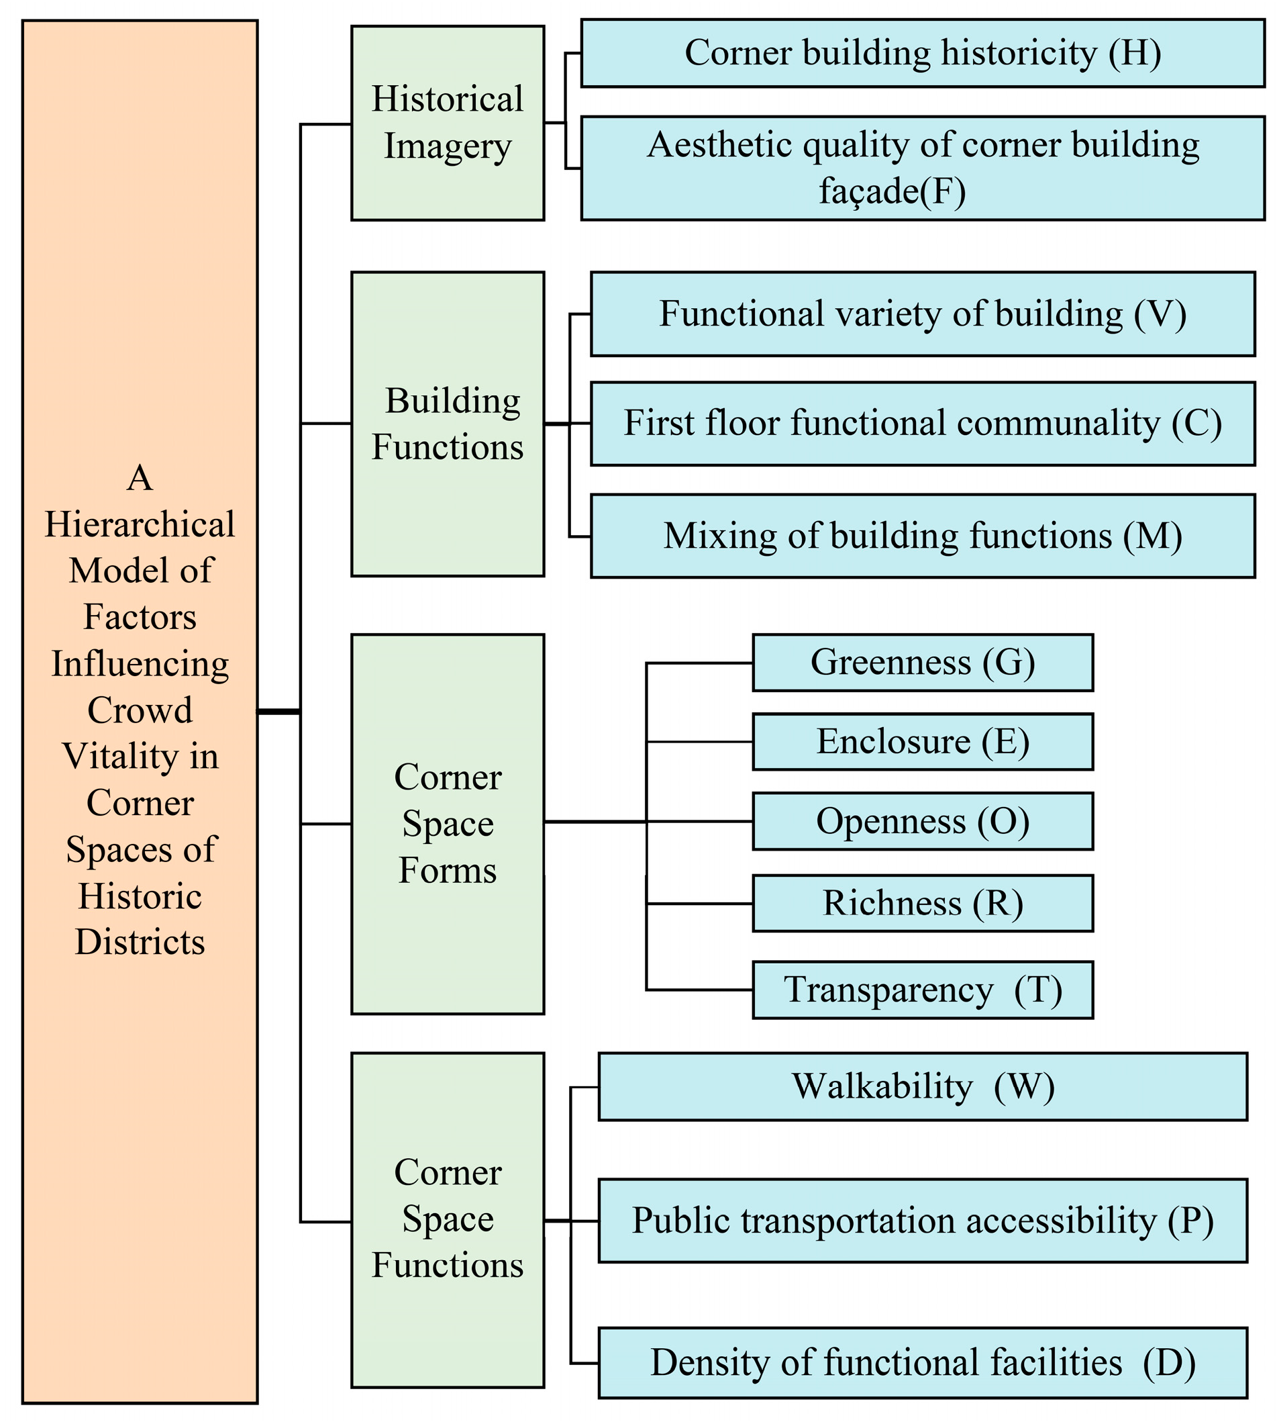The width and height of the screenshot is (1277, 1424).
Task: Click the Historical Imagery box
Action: pyautogui.click(x=447, y=123)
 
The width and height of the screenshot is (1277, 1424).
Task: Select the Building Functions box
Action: pyautogui.click(x=447, y=424)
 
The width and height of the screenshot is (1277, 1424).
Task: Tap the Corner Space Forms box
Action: pyautogui.click(x=447, y=824)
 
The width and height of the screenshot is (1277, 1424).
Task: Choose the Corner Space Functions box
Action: pyautogui.click(x=447, y=1220)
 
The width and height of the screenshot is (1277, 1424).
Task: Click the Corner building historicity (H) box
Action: pyautogui.click(x=922, y=53)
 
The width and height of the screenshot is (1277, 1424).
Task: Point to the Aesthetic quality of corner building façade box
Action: pyautogui.click(x=922, y=168)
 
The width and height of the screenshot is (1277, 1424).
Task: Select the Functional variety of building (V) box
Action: pyautogui.click(x=922, y=314)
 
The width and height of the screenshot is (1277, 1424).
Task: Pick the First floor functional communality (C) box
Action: pyautogui.click(x=922, y=423)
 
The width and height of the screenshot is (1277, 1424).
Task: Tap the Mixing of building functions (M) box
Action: pyautogui.click(x=922, y=536)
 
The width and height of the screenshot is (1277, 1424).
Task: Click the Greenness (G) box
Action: pyautogui.click(x=922, y=663)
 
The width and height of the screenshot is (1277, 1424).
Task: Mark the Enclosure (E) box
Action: pyautogui.click(x=922, y=742)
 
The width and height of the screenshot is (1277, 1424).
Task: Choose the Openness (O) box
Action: pyautogui.click(x=922, y=821)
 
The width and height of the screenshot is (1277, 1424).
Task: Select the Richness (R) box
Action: pyautogui.click(x=922, y=903)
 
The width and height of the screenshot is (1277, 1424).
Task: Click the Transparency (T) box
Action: pyautogui.click(x=922, y=990)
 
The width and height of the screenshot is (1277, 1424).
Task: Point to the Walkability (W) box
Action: pyautogui.click(x=922, y=1086)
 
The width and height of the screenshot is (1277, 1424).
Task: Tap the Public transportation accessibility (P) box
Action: pyautogui.click(x=922, y=1221)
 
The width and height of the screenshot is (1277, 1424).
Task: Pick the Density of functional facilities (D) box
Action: pyautogui.click(x=922, y=1362)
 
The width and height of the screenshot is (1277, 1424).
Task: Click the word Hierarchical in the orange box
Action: pyautogui.click(x=140, y=525)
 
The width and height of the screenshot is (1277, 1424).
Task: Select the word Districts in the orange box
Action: pyautogui.click(x=140, y=942)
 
